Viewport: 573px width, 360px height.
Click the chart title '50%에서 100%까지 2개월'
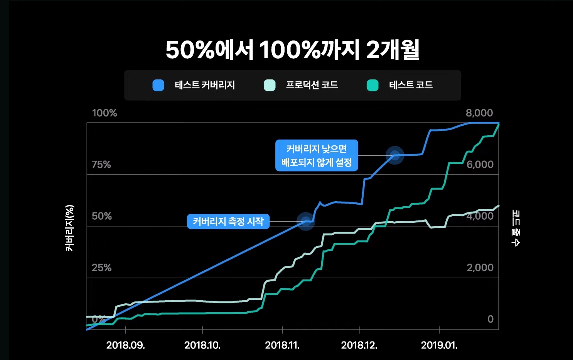coord(292,50)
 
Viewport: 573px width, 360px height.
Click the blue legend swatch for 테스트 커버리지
coord(158,85)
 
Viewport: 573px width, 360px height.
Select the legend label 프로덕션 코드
coord(312,85)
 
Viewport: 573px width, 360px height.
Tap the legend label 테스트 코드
coord(411,85)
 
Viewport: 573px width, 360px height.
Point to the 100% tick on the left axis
coord(104,113)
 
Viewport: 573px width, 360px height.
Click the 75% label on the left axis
coord(101,165)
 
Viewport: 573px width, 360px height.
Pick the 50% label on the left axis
coord(102,216)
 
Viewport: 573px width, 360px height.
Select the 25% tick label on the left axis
coord(101,268)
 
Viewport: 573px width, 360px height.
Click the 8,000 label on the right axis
coord(479,113)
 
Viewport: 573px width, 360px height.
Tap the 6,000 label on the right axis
coord(480,165)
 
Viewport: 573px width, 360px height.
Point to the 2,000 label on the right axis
coord(480,268)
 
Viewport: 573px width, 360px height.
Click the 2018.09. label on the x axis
coord(126,345)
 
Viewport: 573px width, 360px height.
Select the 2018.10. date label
coord(202,345)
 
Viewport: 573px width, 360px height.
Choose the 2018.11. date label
coord(282,345)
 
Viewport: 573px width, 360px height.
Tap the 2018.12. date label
coord(359,345)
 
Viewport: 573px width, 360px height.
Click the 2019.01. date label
coord(439,345)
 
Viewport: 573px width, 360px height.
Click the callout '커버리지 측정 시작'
coord(228,222)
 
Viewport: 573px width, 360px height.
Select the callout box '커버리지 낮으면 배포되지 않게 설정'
coord(317,155)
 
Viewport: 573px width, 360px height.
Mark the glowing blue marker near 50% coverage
coord(306,221)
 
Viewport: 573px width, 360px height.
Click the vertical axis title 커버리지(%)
coord(70,228)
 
